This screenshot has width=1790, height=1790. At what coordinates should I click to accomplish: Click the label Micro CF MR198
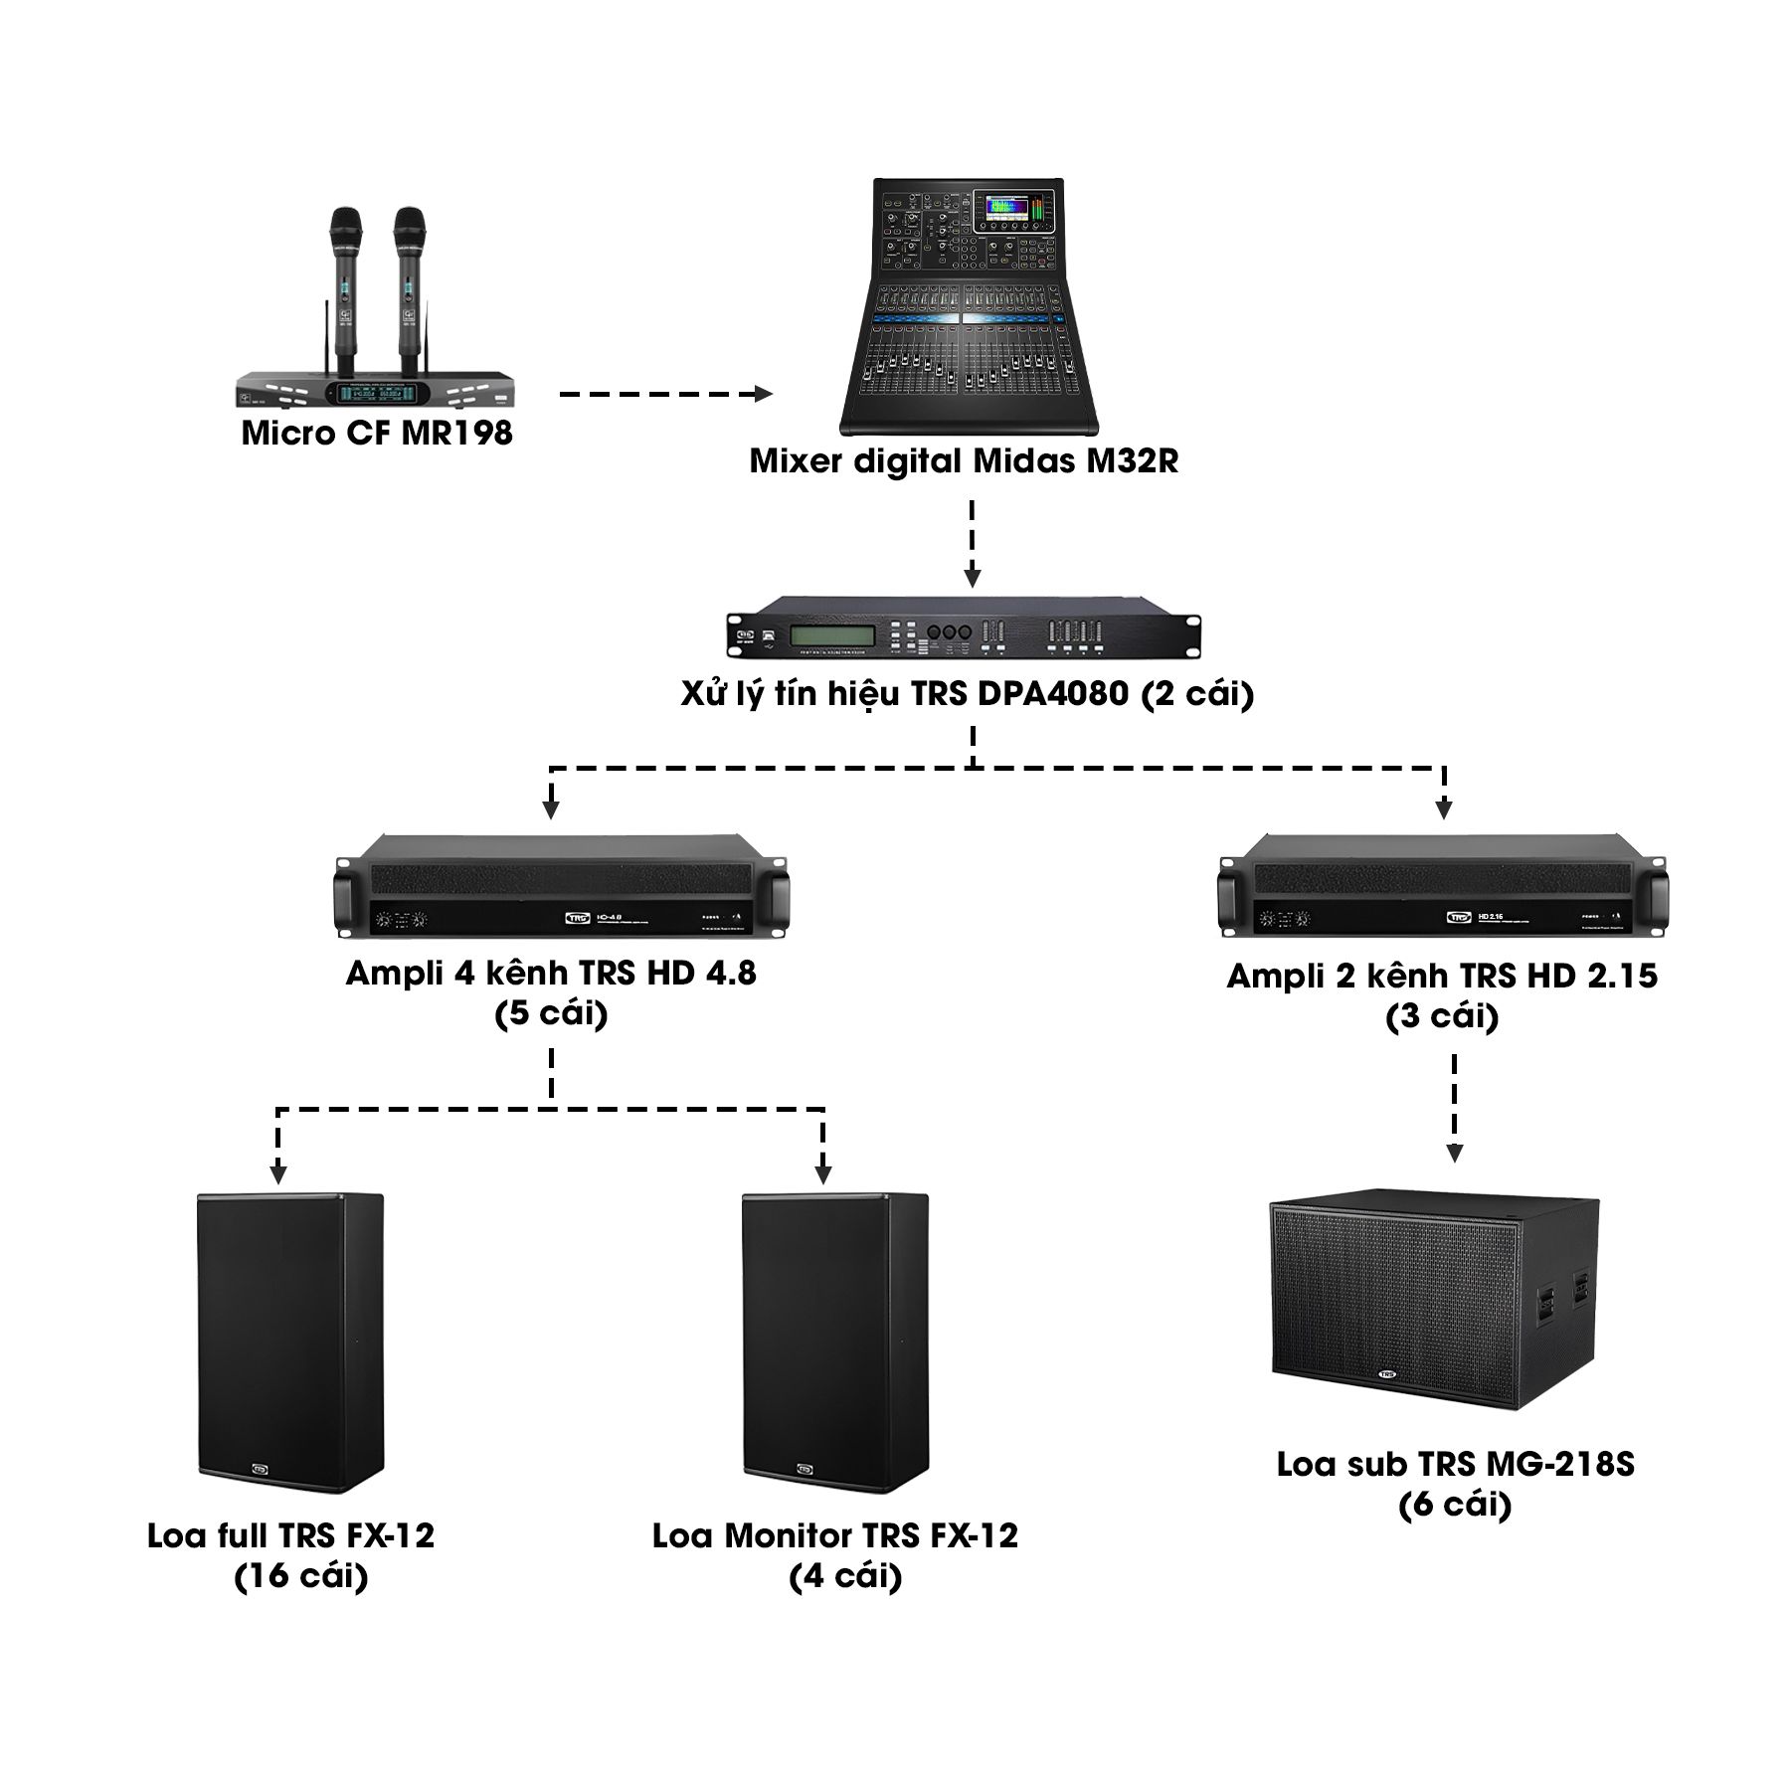tap(377, 434)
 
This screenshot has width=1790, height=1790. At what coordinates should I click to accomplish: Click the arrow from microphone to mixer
tap(666, 395)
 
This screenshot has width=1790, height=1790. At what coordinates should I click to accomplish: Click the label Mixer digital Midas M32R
tap(964, 461)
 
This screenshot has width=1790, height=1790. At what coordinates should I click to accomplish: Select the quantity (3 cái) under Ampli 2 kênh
tap(1443, 1016)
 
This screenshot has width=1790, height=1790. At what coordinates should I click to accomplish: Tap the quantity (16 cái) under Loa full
tap(301, 1576)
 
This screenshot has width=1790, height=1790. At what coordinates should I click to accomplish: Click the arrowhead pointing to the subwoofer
tap(1455, 1154)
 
